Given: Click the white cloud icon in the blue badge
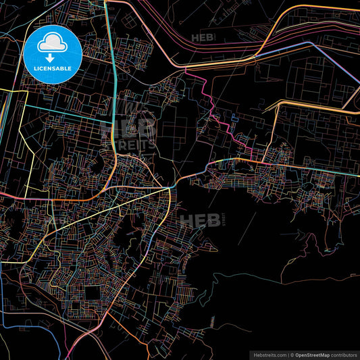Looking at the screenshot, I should [52, 44].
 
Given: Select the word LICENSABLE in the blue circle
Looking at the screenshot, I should [52, 69].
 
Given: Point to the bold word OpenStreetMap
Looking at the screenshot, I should [311, 354].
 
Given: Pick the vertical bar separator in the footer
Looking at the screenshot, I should [288, 354].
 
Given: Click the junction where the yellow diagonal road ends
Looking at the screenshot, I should [168, 190].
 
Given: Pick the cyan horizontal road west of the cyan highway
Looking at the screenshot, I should [68, 108].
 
